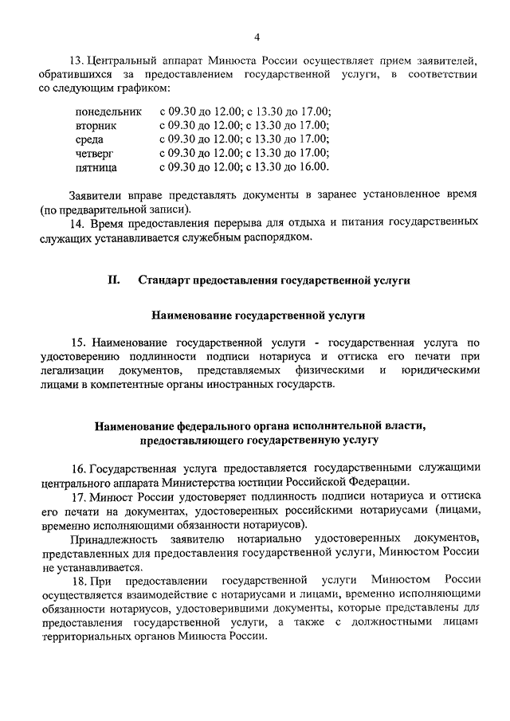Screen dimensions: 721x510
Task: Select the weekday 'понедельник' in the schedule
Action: pyautogui.click(x=108, y=112)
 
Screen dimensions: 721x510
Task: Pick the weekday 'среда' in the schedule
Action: pyautogui.click(x=88, y=139)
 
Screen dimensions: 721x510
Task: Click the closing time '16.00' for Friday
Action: pyautogui.click(x=313, y=167)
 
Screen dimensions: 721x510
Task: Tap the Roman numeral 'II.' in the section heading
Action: pyautogui.click(x=114, y=280)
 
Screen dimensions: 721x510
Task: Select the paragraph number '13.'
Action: pyautogui.click(x=78, y=60)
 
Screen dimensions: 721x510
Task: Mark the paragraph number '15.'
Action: pyautogui.click(x=78, y=342)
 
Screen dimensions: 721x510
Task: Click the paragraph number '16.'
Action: pyautogui.click(x=78, y=466)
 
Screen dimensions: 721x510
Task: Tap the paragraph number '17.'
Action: pyautogui.click(x=78, y=496)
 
